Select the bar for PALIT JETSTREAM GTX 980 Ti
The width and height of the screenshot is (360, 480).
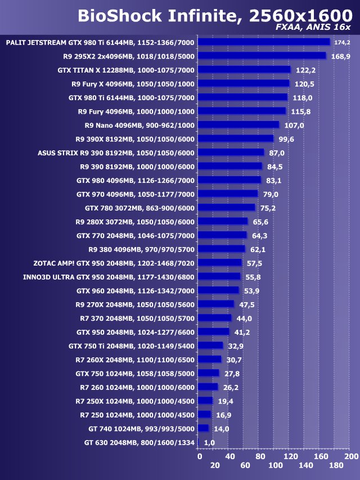(264, 42)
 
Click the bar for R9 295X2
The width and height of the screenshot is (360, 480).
(262, 56)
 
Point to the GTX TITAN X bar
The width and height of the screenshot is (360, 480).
(244, 70)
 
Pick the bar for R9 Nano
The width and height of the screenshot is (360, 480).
(238, 125)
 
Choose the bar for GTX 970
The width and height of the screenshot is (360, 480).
(228, 194)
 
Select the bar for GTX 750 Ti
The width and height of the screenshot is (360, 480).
(210, 346)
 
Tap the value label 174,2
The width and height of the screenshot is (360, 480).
(342, 42)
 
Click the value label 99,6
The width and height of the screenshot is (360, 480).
(286, 139)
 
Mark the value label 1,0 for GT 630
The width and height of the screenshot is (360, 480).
(210, 443)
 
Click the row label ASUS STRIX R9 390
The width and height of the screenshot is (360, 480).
(116, 152)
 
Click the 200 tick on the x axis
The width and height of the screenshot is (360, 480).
(351, 456)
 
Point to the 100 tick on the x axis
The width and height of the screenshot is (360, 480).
(275, 465)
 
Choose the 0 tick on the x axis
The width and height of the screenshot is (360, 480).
(200, 456)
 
